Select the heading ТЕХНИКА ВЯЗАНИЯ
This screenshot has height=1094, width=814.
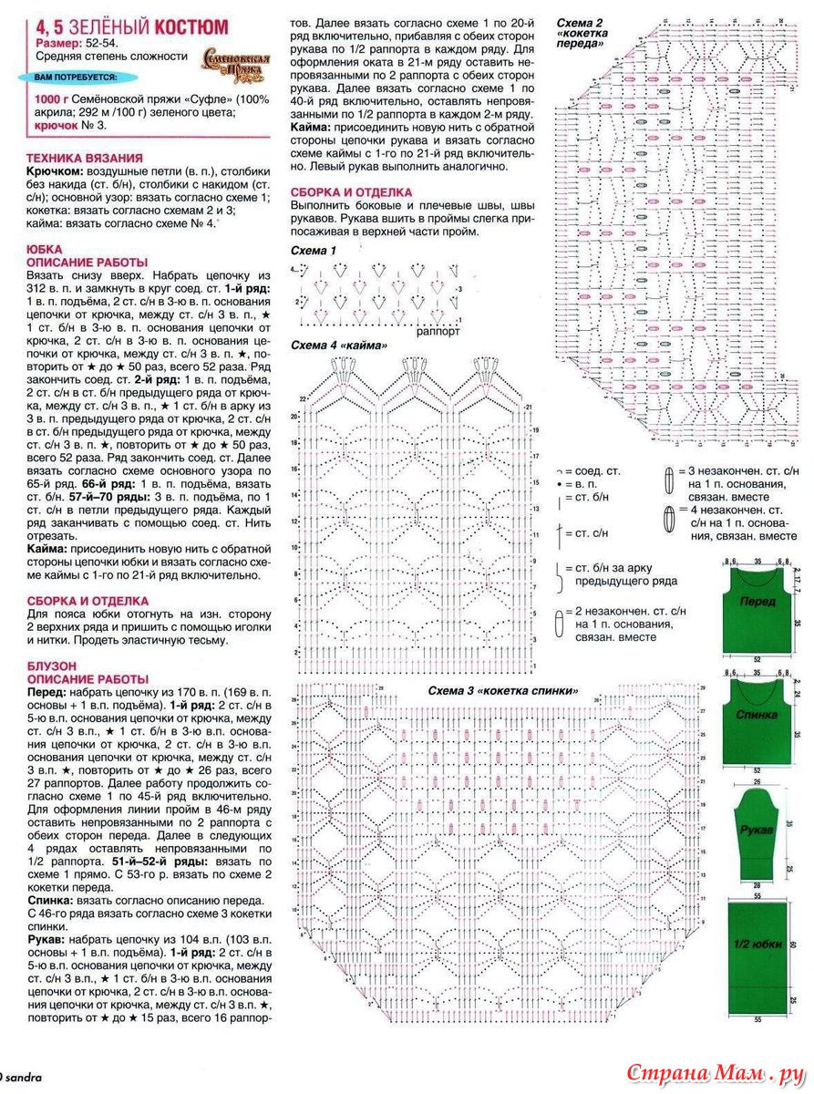coord(85,157)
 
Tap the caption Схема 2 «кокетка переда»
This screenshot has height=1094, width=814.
coord(582,32)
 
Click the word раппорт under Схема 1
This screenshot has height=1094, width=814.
coord(438,332)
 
